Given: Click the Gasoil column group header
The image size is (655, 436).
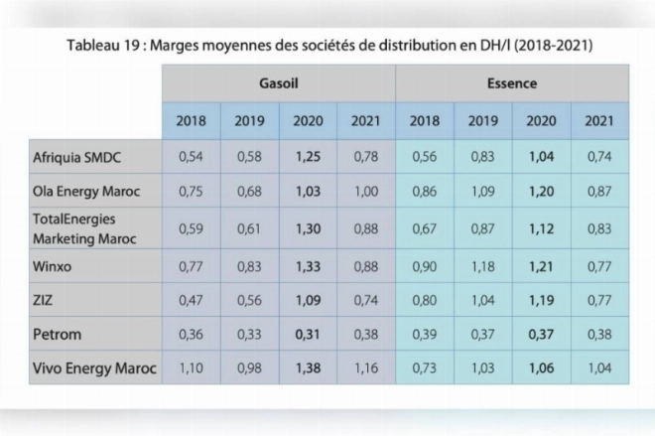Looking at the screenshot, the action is [279, 83].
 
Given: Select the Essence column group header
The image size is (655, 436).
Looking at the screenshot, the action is [512, 83].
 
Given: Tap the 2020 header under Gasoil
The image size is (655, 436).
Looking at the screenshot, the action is [308, 121].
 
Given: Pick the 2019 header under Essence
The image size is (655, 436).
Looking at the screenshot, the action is [483, 121].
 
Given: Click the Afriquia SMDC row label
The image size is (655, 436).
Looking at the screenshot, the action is [76, 158].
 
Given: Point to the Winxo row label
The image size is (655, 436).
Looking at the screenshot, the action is [53, 266].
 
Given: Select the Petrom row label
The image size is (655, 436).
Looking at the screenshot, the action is [57, 335].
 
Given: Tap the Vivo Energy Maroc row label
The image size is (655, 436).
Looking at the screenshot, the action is [94, 368].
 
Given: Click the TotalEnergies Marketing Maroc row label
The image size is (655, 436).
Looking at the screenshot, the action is [84, 229].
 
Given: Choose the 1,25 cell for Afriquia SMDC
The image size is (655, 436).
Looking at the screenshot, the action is [309, 157].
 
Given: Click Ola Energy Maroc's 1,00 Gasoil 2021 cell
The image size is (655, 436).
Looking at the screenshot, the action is [366, 192].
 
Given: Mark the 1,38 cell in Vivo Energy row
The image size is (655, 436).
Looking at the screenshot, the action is [309, 367].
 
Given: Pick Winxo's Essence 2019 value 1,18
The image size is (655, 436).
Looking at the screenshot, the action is [483, 266].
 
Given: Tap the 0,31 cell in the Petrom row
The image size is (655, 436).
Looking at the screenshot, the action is [308, 335].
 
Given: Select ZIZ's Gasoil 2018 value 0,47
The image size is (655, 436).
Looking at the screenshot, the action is [191, 300].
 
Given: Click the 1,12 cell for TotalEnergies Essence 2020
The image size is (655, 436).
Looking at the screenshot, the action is [542, 228].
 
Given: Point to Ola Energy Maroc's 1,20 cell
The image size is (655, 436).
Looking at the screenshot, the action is [542, 192].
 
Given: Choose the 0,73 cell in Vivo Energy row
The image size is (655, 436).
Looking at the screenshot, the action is [425, 367].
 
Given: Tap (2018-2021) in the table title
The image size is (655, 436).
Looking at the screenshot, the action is [553, 45].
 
